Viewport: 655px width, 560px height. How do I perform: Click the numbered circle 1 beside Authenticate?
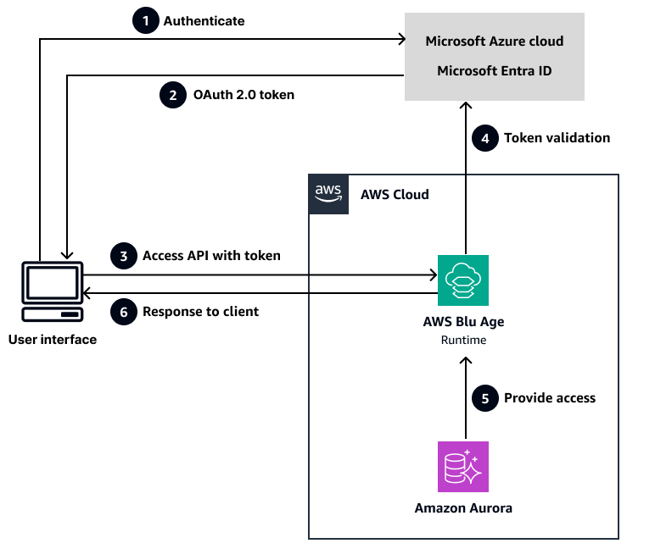point(146,21)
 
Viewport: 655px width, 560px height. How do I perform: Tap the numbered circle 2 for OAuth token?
point(173,95)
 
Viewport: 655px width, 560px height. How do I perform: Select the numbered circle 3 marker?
point(124,255)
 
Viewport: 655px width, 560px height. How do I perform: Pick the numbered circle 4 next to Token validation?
point(485,138)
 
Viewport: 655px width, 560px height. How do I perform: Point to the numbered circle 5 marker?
point(485,397)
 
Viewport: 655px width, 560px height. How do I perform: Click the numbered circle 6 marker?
point(124,312)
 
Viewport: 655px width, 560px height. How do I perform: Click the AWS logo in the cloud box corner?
point(328,194)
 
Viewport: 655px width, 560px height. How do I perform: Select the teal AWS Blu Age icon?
point(462,280)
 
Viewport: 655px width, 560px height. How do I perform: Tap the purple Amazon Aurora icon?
point(462,467)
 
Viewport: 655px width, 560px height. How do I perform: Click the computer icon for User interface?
point(53,291)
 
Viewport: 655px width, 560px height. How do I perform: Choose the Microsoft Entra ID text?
point(494,70)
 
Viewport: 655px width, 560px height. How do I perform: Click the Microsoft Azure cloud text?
point(494,41)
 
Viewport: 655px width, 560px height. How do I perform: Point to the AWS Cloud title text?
point(395,195)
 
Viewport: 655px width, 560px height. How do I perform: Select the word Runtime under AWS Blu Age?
point(463,340)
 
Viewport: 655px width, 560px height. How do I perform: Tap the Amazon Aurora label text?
point(463,508)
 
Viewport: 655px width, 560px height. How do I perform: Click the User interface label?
point(53,340)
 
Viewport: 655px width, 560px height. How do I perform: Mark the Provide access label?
point(550,397)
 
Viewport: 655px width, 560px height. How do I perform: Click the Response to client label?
point(200,312)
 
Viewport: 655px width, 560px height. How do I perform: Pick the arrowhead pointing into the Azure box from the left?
point(400,38)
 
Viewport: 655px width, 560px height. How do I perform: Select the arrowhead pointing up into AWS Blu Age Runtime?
point(463,362)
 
